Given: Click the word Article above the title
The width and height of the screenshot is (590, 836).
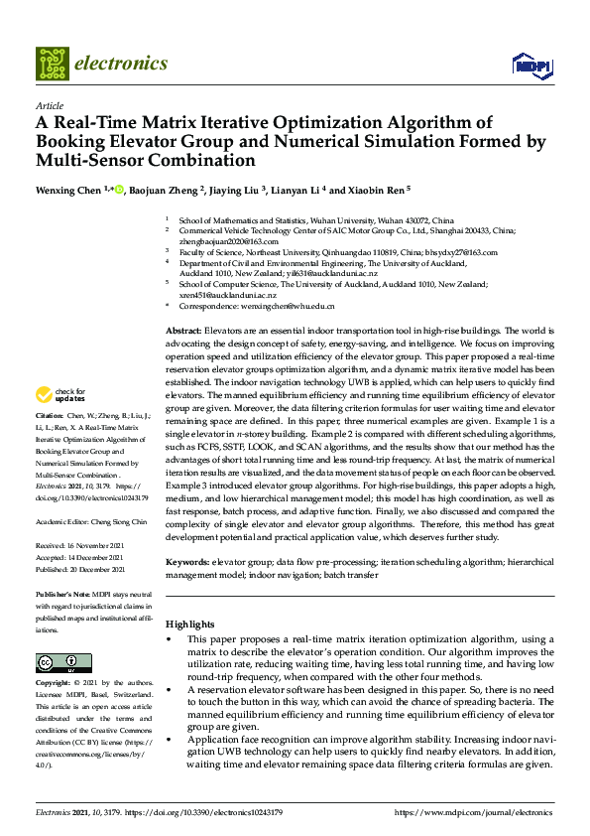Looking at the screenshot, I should [x=49, y=105].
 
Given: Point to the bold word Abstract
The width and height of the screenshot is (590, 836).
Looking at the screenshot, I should [x=182, y=329].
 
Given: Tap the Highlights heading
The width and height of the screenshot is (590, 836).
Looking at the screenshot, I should [x=189, y=624].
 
